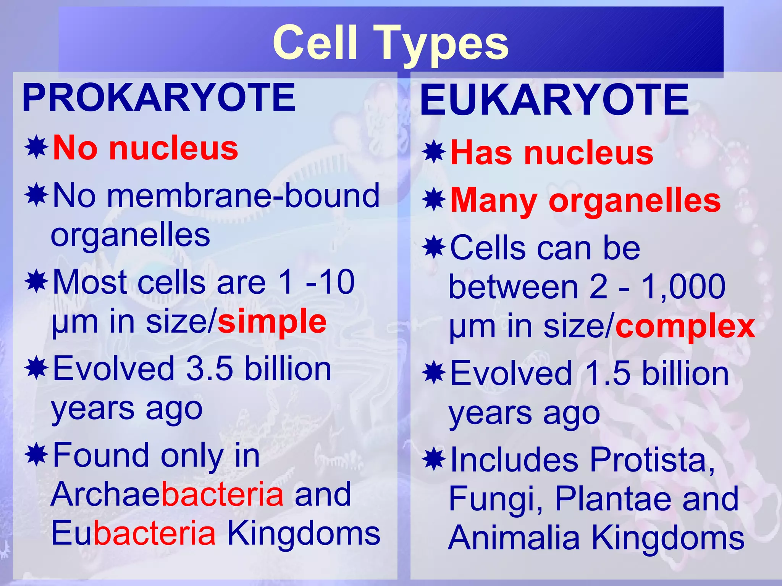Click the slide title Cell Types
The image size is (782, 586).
pyautogui.click(x=391, y=43)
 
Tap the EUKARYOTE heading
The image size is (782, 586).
pyautogui.click(x=554, y=100)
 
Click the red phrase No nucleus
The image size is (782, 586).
pyautogui.click(x=145, y=148)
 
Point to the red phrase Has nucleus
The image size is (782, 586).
pyautogui.click(x=552, y=153)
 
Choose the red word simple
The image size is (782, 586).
pyautogui.click(x=272, y=322)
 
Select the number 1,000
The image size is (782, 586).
pyautogui.click(x=683, y=287)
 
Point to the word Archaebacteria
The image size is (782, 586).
pyautogui.click(x=167, y=494)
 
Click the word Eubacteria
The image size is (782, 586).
pyautogui.click(x=133, y=533)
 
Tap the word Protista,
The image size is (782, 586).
pyautogui.click(x=652, y=460)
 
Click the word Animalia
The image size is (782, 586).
pyautogui.click(x=514, y=538)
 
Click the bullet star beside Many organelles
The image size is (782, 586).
pyautogui.click(x=434, y=200)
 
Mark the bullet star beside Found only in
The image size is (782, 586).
pyautogui.click(x=36, y=454)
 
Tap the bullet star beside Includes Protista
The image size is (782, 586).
pyautogui.click(x=434, y=459)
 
